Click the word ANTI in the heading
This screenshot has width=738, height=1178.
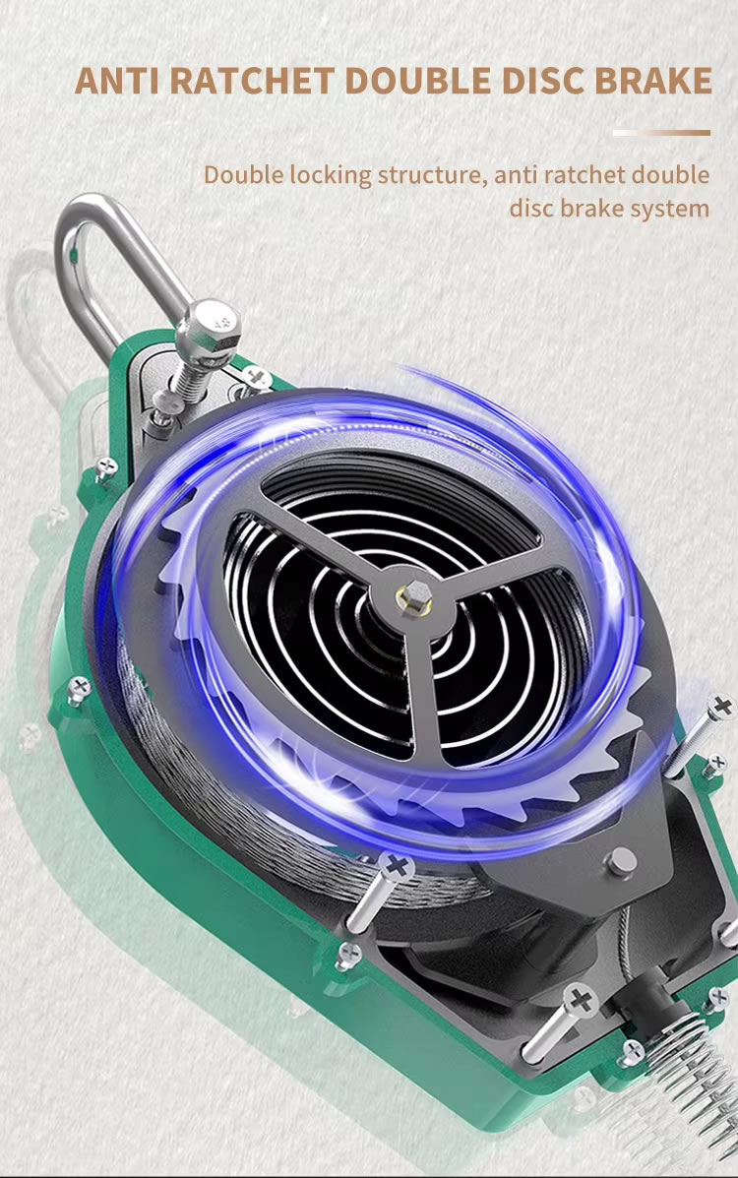coord(117,81)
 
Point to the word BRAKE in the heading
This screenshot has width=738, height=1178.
coord(653,81)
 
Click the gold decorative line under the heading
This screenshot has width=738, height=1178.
coord(661,133)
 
